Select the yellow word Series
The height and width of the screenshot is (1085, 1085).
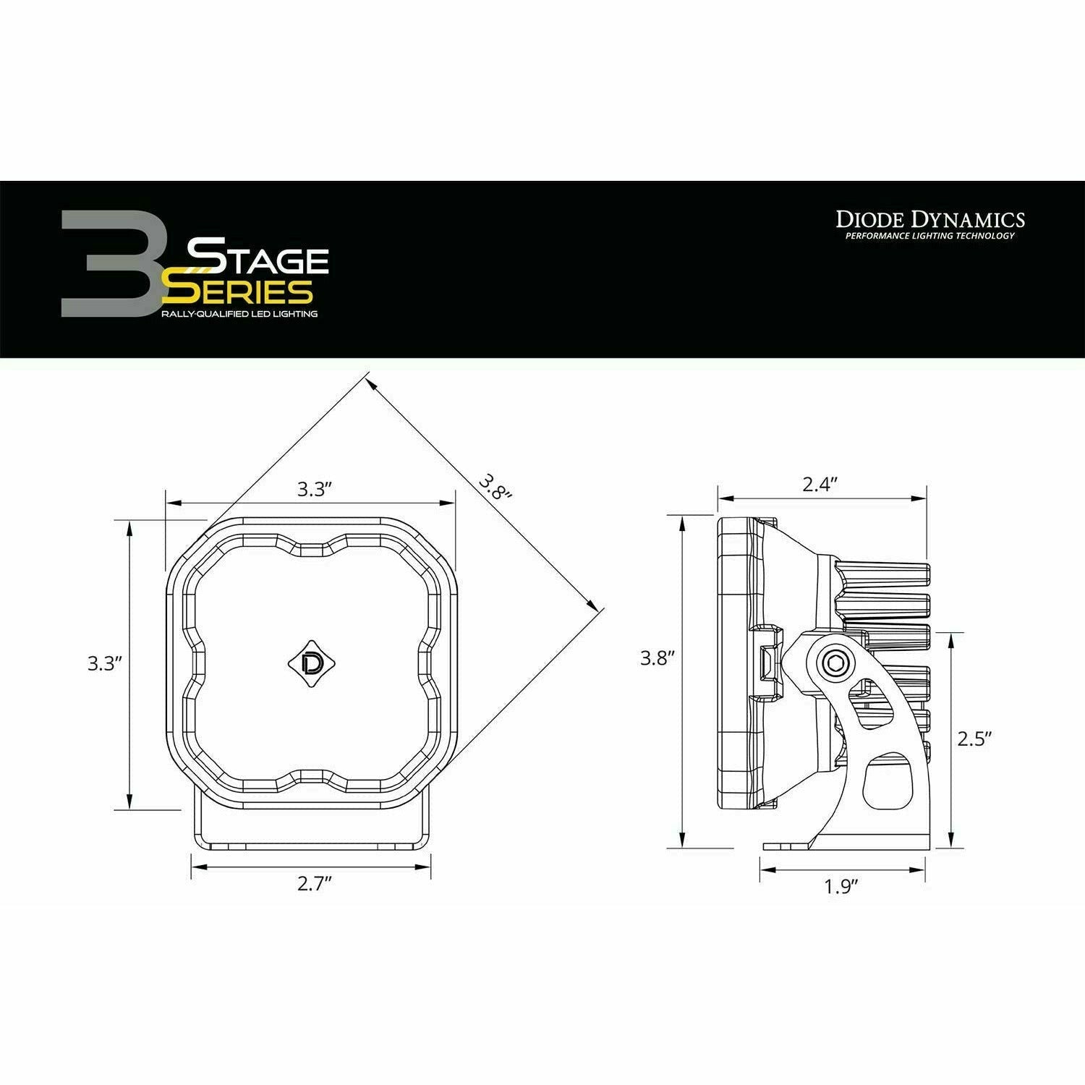[x=239, y=291]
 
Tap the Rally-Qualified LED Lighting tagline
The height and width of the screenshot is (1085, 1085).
[x=239, y=314]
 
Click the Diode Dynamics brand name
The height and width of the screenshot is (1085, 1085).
[x=930, y=219]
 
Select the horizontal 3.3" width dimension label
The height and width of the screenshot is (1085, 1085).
[x=313, y=490]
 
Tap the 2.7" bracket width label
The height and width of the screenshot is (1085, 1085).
[x=313, y=885]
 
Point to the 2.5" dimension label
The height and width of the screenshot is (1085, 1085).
[x=973, y=739]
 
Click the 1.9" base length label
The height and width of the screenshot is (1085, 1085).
[x=841, y=887]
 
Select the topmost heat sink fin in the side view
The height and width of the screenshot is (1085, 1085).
[x=882, y=574]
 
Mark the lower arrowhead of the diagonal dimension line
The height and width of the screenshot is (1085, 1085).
[x=595, y=605]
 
